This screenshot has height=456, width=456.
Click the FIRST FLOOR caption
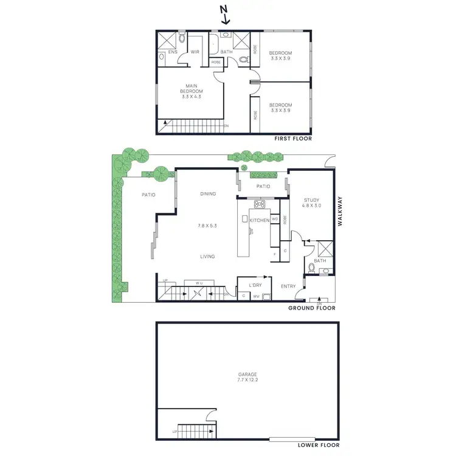293,139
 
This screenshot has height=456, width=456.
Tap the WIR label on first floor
195,52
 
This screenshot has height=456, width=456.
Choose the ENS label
173,52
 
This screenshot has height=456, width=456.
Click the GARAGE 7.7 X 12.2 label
248,377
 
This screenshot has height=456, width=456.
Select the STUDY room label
311,202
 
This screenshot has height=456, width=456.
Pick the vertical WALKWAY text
340,210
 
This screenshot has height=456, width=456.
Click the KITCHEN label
259,220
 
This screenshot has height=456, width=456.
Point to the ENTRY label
288,286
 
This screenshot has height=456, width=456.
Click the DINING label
208,194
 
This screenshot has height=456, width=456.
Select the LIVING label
208,257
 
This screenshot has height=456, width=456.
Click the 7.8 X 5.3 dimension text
207,226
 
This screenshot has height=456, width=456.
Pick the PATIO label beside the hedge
148,195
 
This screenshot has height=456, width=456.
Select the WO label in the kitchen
275,219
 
